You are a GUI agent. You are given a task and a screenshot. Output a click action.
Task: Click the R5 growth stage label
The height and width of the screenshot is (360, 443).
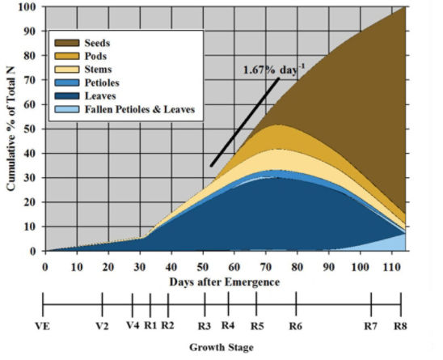coord(256,328)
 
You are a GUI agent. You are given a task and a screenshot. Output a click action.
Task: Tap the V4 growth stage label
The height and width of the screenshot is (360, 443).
coord(132,328)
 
